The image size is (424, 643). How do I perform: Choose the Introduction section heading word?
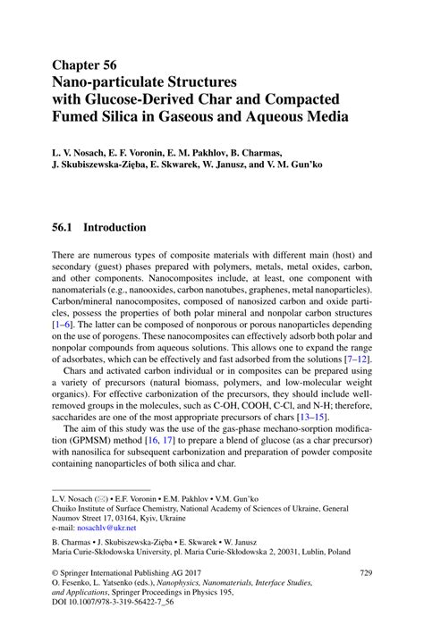click(114, 227)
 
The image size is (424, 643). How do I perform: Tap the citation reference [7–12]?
click(356, 359)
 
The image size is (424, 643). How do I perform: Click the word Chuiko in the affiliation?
click(68, 507)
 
